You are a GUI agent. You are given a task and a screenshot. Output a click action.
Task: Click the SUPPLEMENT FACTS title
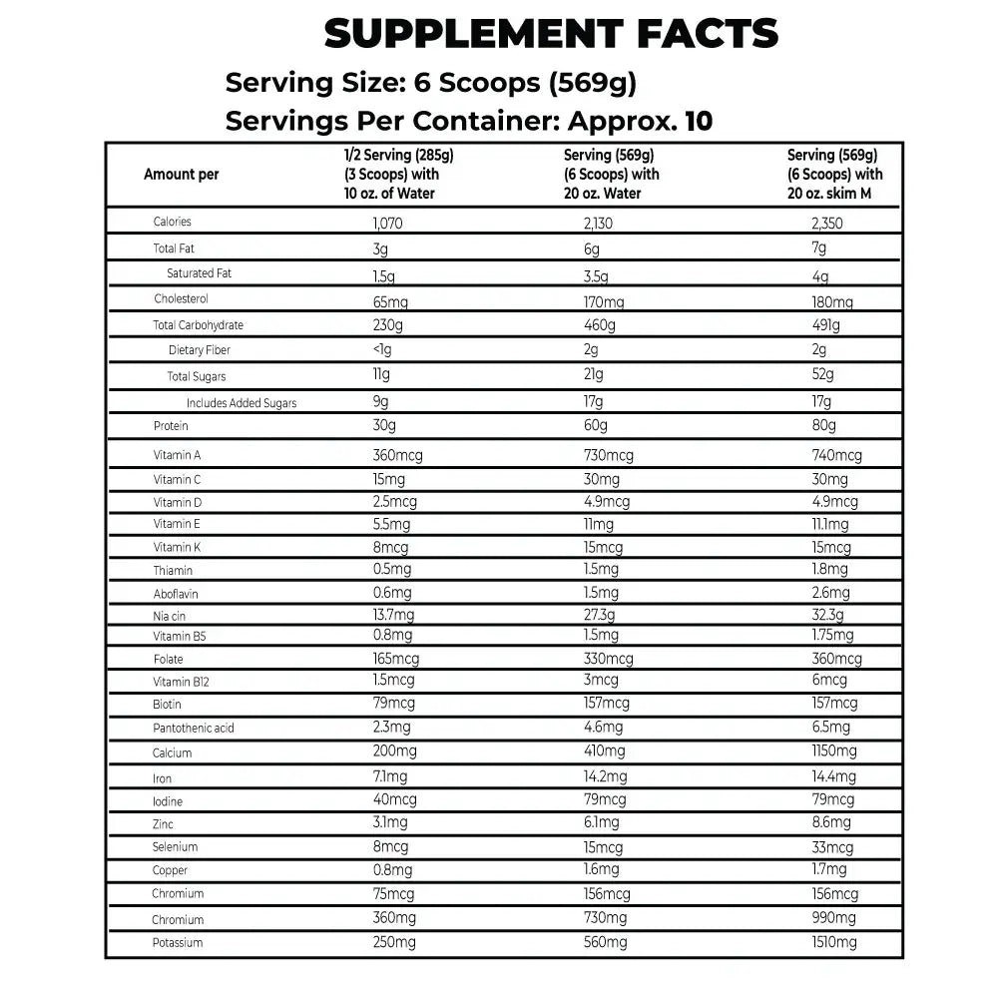551,34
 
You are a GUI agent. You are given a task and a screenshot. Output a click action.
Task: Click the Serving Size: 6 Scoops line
430,82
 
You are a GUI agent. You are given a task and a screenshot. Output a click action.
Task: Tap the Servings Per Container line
469,122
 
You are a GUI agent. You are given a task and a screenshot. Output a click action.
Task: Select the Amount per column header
181,174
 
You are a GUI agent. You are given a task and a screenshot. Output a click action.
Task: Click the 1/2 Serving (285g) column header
391,174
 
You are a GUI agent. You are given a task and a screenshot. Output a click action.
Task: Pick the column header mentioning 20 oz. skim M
834,174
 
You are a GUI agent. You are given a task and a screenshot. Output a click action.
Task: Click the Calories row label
172,222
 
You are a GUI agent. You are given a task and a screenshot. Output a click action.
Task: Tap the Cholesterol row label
181,298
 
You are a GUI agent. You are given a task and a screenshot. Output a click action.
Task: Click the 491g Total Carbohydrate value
826,325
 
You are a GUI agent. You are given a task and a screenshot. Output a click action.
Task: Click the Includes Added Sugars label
241,403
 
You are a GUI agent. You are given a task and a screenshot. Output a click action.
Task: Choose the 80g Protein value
824,426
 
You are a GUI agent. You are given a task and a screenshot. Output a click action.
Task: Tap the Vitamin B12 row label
181,682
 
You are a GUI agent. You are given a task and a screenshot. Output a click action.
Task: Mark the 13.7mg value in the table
393,616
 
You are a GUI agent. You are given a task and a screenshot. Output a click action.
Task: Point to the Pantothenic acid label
194,728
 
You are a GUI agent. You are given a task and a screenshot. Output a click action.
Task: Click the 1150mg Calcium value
834,750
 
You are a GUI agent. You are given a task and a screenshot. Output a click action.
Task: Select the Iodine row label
168,801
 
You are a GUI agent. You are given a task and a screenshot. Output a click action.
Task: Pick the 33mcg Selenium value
832,847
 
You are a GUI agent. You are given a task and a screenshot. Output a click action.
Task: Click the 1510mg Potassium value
834,943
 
